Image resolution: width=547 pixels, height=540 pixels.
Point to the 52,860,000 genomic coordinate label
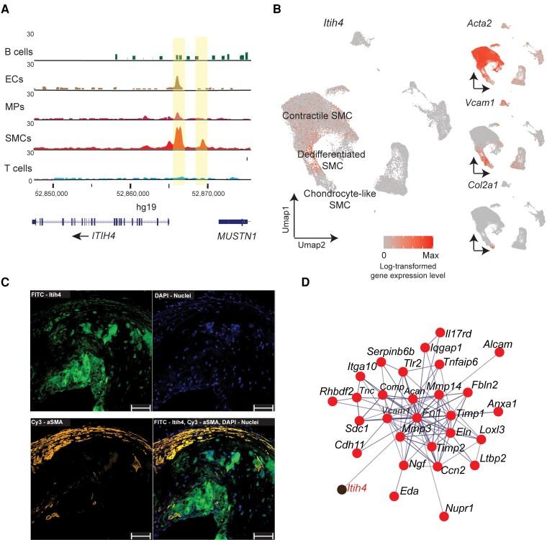[x=132, y=193]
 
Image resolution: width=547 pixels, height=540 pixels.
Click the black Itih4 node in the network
[x=341, y=490]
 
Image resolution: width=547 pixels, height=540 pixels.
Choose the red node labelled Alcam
[x=498, y=351]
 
